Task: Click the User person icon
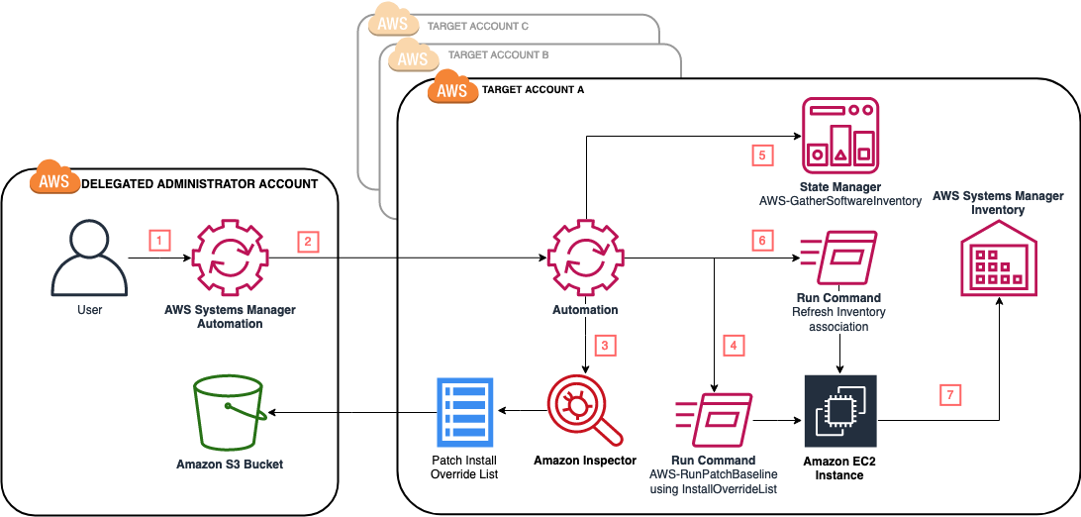[x=89, y=258]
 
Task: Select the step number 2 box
[x=308, y=240]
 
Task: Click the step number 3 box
[x=604, y=346]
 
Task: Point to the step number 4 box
[x=733, y=346]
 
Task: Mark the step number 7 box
[x=949, y=393]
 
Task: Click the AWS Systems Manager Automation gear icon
[x=230, y=258]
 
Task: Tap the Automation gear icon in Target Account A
[x=584, y=258]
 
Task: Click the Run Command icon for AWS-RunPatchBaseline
[x=713, y=421]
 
